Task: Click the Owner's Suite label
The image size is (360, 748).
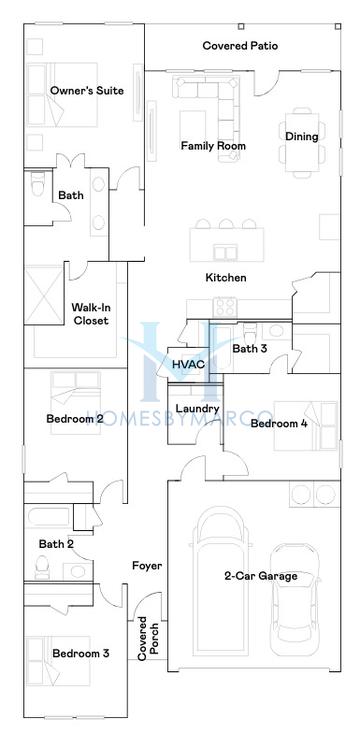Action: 87,91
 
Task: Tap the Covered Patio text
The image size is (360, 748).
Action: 240,46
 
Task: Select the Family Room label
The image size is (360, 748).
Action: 213,146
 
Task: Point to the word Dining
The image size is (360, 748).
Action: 302,137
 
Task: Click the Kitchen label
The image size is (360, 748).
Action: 226,278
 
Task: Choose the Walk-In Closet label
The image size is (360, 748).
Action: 90,314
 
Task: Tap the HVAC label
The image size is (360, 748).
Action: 189,365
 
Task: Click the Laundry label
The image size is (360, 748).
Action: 197,409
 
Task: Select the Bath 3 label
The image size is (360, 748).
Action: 250,349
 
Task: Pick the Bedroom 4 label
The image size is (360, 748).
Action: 279,424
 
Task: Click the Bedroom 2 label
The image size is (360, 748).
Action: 75,419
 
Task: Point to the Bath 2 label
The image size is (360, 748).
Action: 57,544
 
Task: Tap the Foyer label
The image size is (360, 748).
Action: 147,566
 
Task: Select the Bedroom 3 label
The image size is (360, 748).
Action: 81,654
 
